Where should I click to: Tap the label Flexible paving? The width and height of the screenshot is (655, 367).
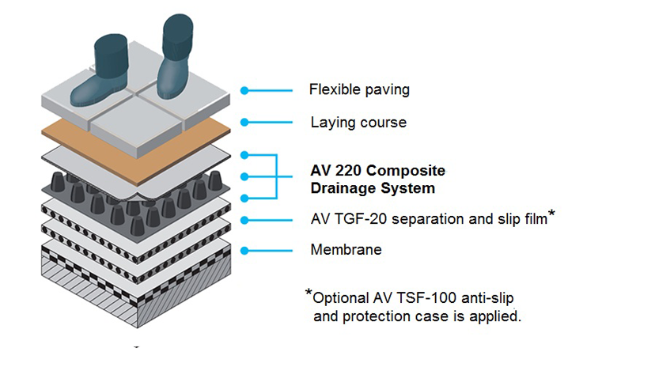pos(359,89)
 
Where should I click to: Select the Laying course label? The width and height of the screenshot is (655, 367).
pos(358,123)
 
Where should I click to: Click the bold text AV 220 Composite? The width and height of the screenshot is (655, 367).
pos(378,172)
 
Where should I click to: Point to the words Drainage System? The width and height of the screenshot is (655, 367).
pos(373,188)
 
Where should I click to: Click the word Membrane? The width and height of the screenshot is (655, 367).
pos(346,250)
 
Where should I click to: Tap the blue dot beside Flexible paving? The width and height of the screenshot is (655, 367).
pos(244,90)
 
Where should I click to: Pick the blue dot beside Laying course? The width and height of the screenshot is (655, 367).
pos(244,123)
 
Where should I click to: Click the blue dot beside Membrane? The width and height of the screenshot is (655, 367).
pos(244,251)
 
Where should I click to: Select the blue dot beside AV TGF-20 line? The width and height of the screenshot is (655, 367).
pos(244,220)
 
